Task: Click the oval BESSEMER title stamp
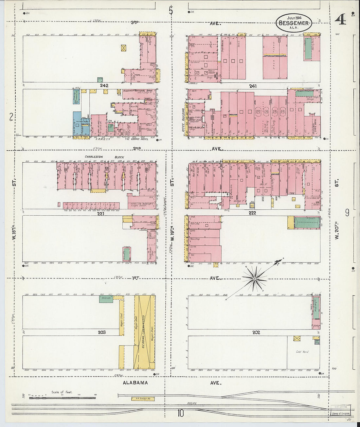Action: pos(294,23)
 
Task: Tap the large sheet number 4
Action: pos(340,20)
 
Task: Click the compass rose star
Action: pos(254,279)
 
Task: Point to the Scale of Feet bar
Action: pos(62,398)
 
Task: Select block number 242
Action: pos(104,85)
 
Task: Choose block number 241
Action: pos(253,86)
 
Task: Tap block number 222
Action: pos(252,213)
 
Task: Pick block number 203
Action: pos(102,332)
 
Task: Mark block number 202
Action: pos(256,332)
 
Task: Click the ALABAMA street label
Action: pos(135,383)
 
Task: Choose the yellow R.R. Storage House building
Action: pos(142,399)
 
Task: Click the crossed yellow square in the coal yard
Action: pos(297,338)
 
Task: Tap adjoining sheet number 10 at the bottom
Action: pos(180,414)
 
